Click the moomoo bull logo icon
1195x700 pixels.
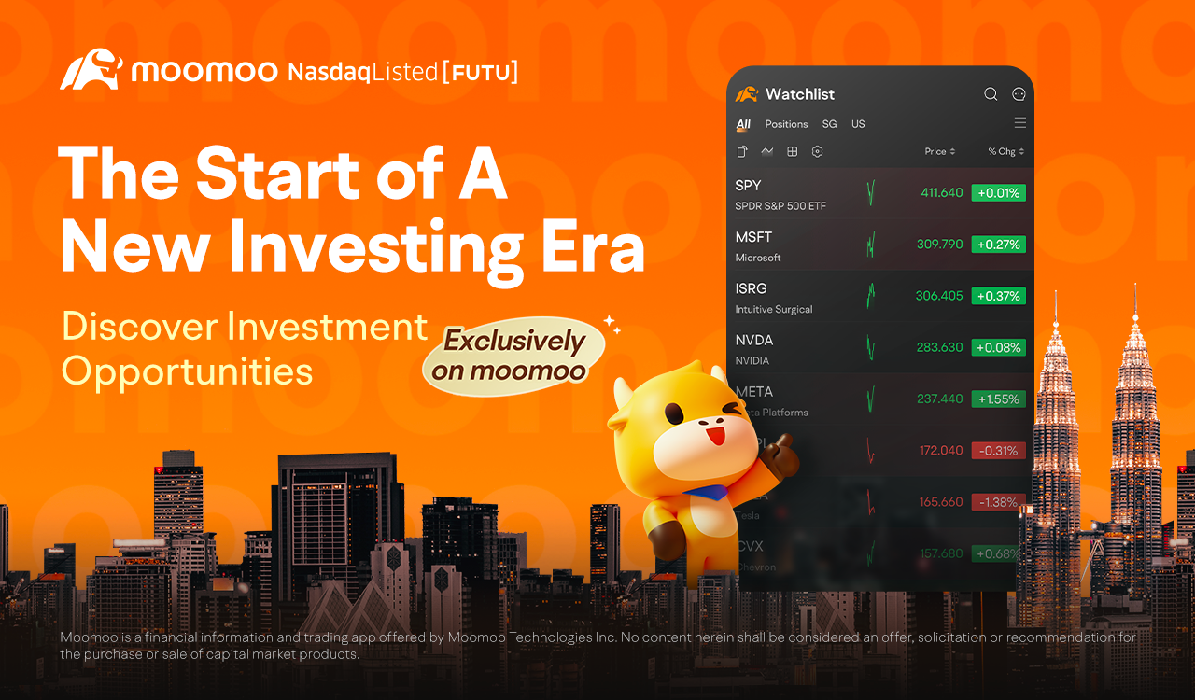pyautogui.click(x=91, y=71)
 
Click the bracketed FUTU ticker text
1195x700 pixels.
pyautogui.click(x=480, y=72)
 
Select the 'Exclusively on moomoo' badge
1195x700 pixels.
pyautogui.click(x=513, y=356)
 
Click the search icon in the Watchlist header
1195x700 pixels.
pyautogui.click(x=991, y=94)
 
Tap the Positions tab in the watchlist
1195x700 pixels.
pyautogui.click(x=786, y=124)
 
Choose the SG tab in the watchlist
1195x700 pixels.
pyautogui.click(x=829, y=124)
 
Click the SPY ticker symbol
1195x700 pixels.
pyautogui.click(x=749, y=186)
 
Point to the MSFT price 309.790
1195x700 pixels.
pyautogui.click(x=939, y=245)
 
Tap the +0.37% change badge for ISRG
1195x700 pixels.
pyautogui.click(x=998, y=296)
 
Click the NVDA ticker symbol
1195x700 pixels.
pyautogui.click(x=754, y=340)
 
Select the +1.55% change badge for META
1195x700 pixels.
pyautogui.click(x=998, y=399)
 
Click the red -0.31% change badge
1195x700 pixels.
pyautogui.click(x=998, y=451)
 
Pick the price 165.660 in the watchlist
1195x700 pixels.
pyautogui.click(x=939, y=502)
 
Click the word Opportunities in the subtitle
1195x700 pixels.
pyautogui.click(x=187, y=371)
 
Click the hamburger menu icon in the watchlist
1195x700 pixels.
pyautogui.click(x=1019, y=123)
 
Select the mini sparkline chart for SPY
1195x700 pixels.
pyautogui.click(x=870, y=193)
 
